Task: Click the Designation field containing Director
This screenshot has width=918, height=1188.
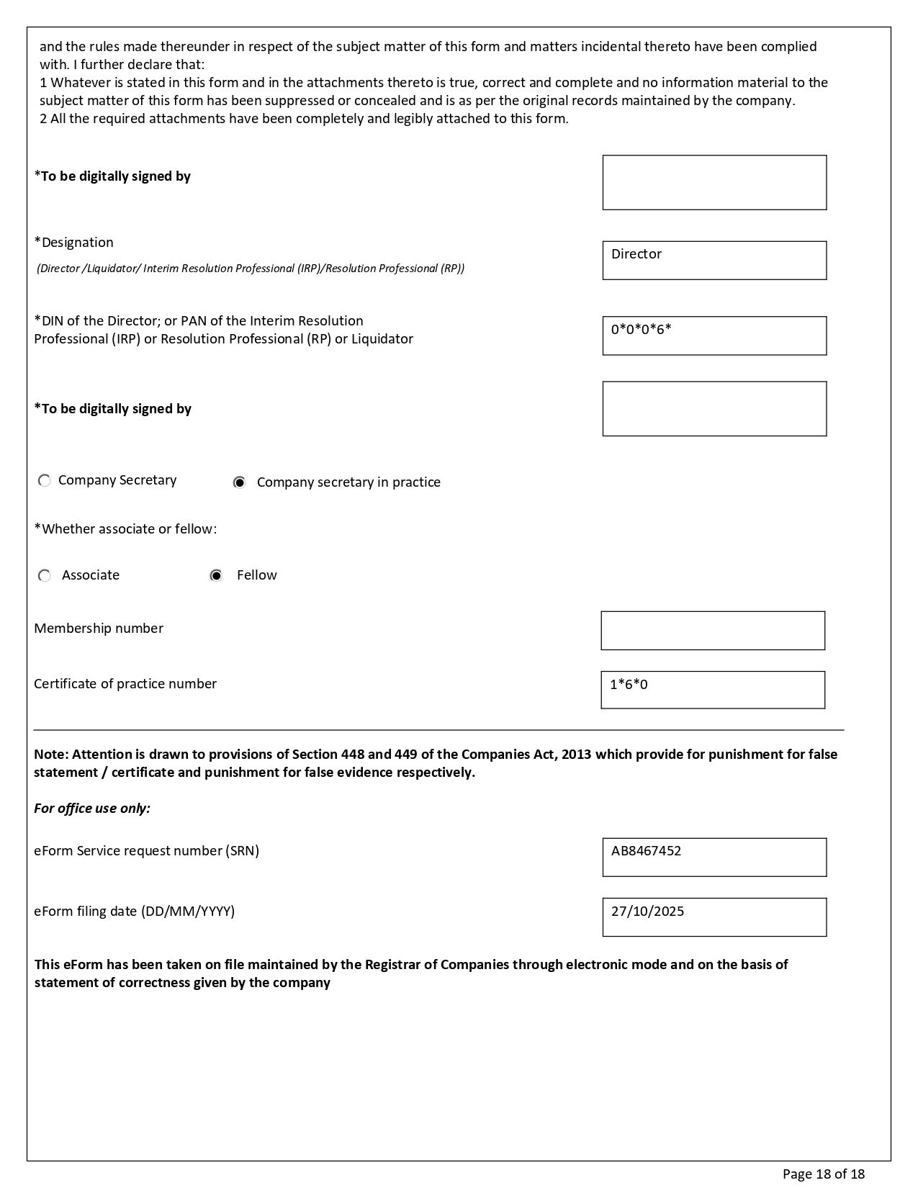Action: point(714,260)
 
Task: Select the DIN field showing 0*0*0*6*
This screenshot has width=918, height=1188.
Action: point(714,336)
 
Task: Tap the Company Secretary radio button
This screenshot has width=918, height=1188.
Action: point(45,480)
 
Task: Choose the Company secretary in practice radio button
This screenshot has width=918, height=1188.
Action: point(240,482)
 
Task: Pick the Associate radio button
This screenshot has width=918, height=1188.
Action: point(45,576)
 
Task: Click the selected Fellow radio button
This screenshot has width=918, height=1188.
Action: point(216,576)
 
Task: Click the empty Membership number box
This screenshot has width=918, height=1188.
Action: point(712,631)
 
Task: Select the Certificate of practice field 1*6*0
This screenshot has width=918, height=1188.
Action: point(712,690)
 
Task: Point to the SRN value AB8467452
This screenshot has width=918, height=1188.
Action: point(646,851)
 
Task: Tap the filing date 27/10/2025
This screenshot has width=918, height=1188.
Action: point(647,912)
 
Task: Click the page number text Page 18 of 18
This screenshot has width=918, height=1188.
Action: point(823,1174)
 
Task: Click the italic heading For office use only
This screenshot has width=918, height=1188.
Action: point(92,809)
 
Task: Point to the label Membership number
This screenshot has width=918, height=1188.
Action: point(99,629)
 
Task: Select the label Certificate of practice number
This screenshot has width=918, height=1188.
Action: point(125,684)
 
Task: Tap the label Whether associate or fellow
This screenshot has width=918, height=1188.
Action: point(125,529)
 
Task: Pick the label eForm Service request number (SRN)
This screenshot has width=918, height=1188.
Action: point(146,851)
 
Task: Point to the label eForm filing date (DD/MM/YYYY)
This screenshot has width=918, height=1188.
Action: point(134,912)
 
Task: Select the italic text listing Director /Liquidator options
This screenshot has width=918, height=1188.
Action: point(251,269)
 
